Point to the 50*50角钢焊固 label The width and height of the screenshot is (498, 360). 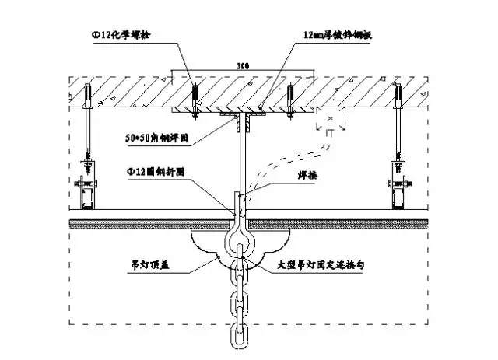tap(156, 139)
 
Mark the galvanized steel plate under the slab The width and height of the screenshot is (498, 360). tap(240, 110)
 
